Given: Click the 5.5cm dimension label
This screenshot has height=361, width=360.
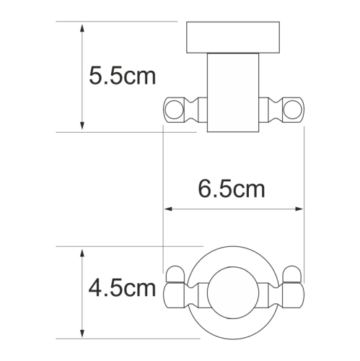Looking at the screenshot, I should [121, 76].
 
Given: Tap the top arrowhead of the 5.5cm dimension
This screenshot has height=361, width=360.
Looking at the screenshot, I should [84, 28].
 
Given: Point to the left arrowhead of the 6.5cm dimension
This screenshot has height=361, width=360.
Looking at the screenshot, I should [170, 210].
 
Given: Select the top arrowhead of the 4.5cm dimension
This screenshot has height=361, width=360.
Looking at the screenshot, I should [84, 253].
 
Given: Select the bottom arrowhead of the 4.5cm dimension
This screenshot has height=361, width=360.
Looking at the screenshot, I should [84, 331].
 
